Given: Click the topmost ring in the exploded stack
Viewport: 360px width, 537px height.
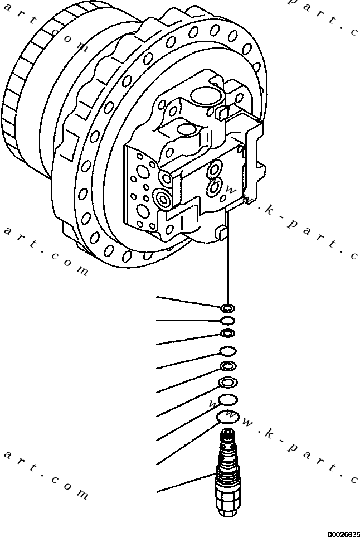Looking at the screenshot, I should pyautogui.click(x=227, y=307).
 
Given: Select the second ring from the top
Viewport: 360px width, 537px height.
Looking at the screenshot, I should pyautogui.click(x=227, y=320).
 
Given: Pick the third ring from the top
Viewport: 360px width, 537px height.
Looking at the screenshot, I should pyautogui.click(x=227, y=333).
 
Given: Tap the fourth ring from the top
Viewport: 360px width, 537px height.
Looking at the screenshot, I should pyautogui.click(x=227, y=351).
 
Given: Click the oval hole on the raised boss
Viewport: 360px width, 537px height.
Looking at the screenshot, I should pyautogui.click(x=186, y=132).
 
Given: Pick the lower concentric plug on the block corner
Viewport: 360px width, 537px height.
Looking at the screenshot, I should pyautogui.click(x=163, y=196).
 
